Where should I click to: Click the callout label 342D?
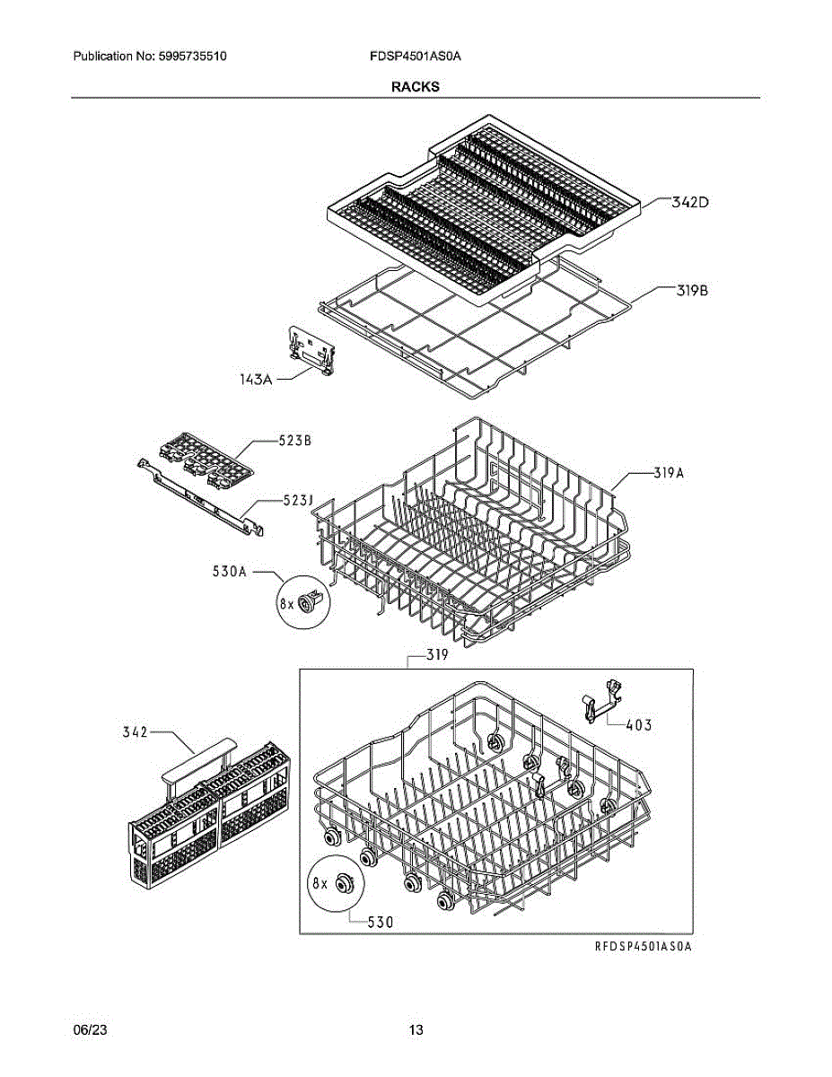pyautogui.click(x=691, y=203)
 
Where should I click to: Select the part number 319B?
pyautogui.click(x=692, y=290)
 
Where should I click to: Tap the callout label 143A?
pyautogui.click(x=255, y=380)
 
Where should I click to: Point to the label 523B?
pyautogui.click(x=293, y=441)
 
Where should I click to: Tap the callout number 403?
pyautogui.click(x=639, y=724)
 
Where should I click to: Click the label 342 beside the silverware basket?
pyautogui.click(x=136, y=733)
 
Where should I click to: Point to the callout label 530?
pyautogui.click(x=379, y=921)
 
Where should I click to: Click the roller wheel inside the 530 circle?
pyautogui.click(x=344, y=884)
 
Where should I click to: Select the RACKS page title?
pyautogui.click(x=415, y=87)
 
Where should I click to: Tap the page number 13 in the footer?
pyautogui.click(x=416, y=1029)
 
